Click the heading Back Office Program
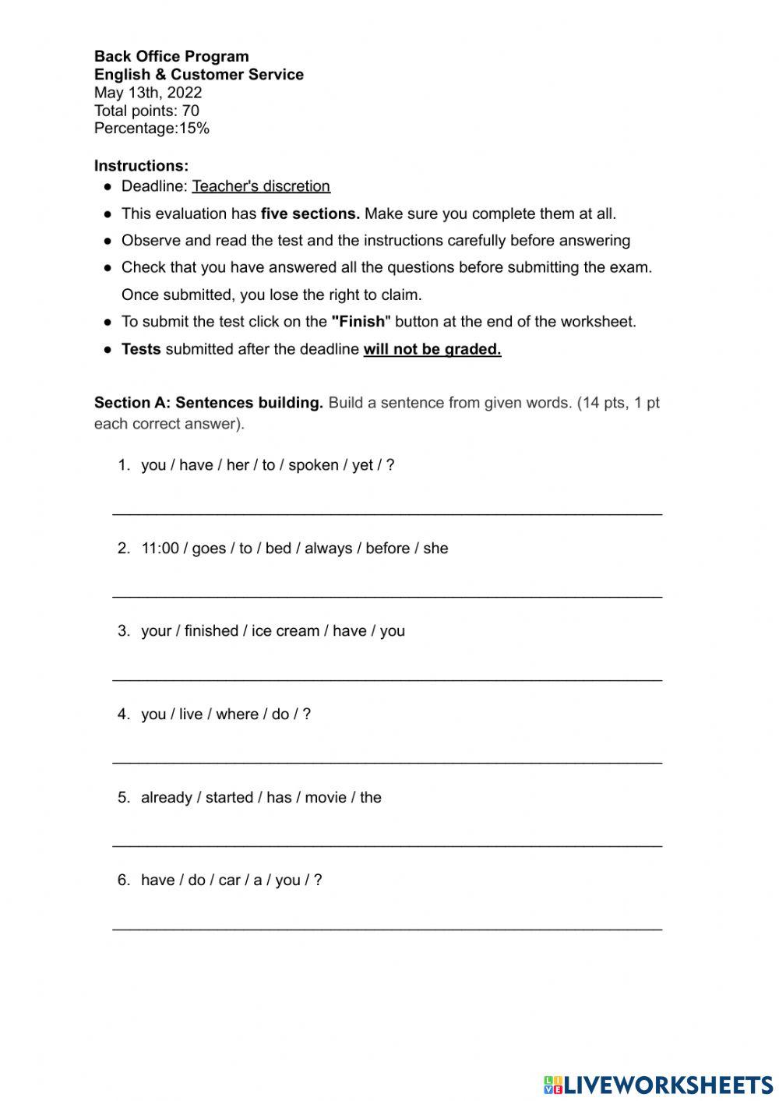tap(171, 56)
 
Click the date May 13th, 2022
tap(148, 93)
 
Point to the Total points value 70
tap(190, 111)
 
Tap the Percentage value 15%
tap(194, 129)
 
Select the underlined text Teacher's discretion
tap(261, 186)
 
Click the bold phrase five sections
tap(310, 213)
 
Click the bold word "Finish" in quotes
tap(360, 322)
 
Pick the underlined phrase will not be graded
tap(432, 349)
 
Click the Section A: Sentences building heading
tap(208, 403)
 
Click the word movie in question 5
tap(326, 798)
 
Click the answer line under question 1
tap(387, 512)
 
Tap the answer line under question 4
tap(387, 760)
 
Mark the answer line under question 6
tap(387, 926)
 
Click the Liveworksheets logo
tap(657, 1085)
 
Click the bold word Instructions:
tap(141, 166)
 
